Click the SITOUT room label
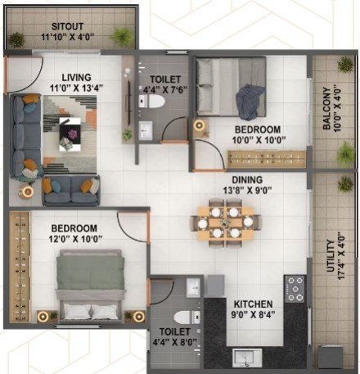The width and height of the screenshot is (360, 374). (67, 26)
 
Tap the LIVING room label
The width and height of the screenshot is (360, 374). (76, 78)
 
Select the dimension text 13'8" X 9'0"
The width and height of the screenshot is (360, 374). (247, 190)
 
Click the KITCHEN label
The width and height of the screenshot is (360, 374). (253, 304)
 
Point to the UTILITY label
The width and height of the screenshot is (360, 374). (331, 256)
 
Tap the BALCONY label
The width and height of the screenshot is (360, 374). (326, 109)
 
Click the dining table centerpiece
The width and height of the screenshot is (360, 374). (226, 223)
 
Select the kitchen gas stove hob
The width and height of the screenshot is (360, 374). (295, 289)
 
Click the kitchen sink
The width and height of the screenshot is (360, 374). (247, 358)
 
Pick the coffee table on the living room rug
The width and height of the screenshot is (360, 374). (70, 134)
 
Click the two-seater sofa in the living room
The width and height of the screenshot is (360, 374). (71, 191)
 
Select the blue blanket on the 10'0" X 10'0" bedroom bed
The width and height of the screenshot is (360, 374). (250, 102)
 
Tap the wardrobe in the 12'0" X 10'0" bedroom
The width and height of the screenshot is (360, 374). (20, 267)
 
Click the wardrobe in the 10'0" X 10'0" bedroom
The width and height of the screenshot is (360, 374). (267, 159)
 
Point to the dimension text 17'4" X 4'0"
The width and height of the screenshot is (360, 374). (341, 256)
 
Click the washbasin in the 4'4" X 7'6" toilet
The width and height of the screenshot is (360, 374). (146, 131)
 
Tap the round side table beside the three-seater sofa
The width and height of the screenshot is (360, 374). (26, 192)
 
